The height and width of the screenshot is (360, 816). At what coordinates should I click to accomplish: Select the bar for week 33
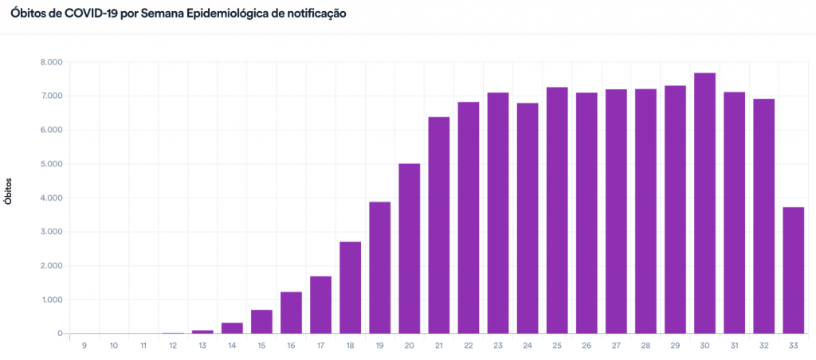(793, 270)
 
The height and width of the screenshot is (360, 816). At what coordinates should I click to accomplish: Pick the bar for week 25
(557, 210)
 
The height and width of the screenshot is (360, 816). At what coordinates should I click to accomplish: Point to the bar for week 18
(351, 288)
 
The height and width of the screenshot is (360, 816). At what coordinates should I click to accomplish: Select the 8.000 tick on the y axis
(51, 62)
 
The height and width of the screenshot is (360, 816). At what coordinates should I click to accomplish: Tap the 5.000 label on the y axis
(51, 164)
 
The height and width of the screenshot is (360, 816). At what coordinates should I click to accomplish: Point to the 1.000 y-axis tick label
(51, 300)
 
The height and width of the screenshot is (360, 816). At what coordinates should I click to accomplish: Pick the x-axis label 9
(84, 346)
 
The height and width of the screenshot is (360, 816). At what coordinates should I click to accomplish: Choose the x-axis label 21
(439, 346)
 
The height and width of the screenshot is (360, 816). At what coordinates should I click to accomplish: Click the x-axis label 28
(645, 346)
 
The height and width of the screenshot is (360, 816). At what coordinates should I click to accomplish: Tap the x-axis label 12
(173, 346)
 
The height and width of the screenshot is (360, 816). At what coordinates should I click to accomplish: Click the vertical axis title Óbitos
(10, 193)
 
